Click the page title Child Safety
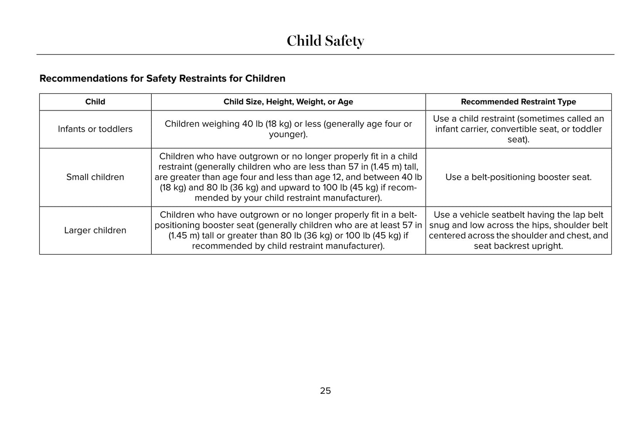pyautogui.click(x=325, y=41)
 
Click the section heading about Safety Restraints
pyautogui.click(x=162, y=79)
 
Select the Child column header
pyautogui.click(x=95, y=102)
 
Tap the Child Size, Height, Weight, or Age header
pyautogui.click(x=288, y=102)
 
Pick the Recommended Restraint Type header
pyautogui.click(x=518, y=102)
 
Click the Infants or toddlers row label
pyautogui.click(x=95, y=129)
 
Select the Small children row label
pyautogui.click(x=95, y=177)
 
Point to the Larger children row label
pyautogui.click(x=95, y=230)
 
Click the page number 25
pyautogui.click(x=325, y=391)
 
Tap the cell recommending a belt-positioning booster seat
pyautogui.click(x=518, y=177)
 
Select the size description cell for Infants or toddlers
pyautogui.click(x=288, y=129)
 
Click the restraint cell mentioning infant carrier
pyautogui.click(x=518, y=129)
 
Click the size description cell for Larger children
pyautogui.click(x=288, y=230)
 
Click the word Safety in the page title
pyautogui.click(x=344, y=41)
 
